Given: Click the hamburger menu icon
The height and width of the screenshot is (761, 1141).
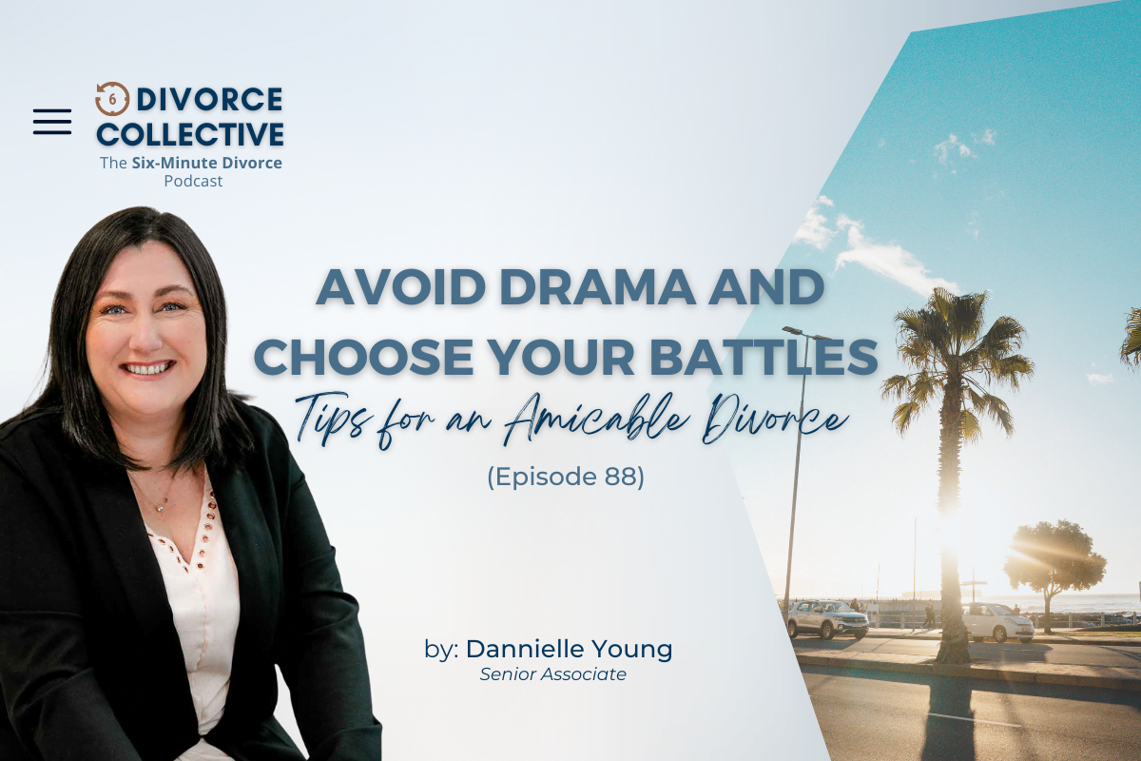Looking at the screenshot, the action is (52, 122).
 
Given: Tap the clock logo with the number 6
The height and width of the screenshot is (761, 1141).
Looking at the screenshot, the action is (112, 99).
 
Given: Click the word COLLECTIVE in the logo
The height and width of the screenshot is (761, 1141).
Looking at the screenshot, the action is (190, 134).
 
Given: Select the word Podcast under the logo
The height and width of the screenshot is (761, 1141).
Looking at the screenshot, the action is (193, 182).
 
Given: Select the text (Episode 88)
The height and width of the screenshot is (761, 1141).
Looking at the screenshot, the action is (566, 478).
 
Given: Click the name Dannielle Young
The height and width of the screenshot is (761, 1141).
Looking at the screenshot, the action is (569, 649).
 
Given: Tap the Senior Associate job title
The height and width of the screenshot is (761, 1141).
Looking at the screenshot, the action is (553, 674).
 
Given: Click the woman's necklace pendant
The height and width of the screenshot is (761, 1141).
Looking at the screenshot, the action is (160, 507).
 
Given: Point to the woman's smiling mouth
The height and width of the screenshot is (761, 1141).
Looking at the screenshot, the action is (148, 367).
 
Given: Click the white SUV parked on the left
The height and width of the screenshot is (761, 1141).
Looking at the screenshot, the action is (827, 619).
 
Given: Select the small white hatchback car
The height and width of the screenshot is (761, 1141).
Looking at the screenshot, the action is (996, 623).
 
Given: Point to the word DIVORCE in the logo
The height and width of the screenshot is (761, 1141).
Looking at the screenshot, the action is (209, 99).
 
